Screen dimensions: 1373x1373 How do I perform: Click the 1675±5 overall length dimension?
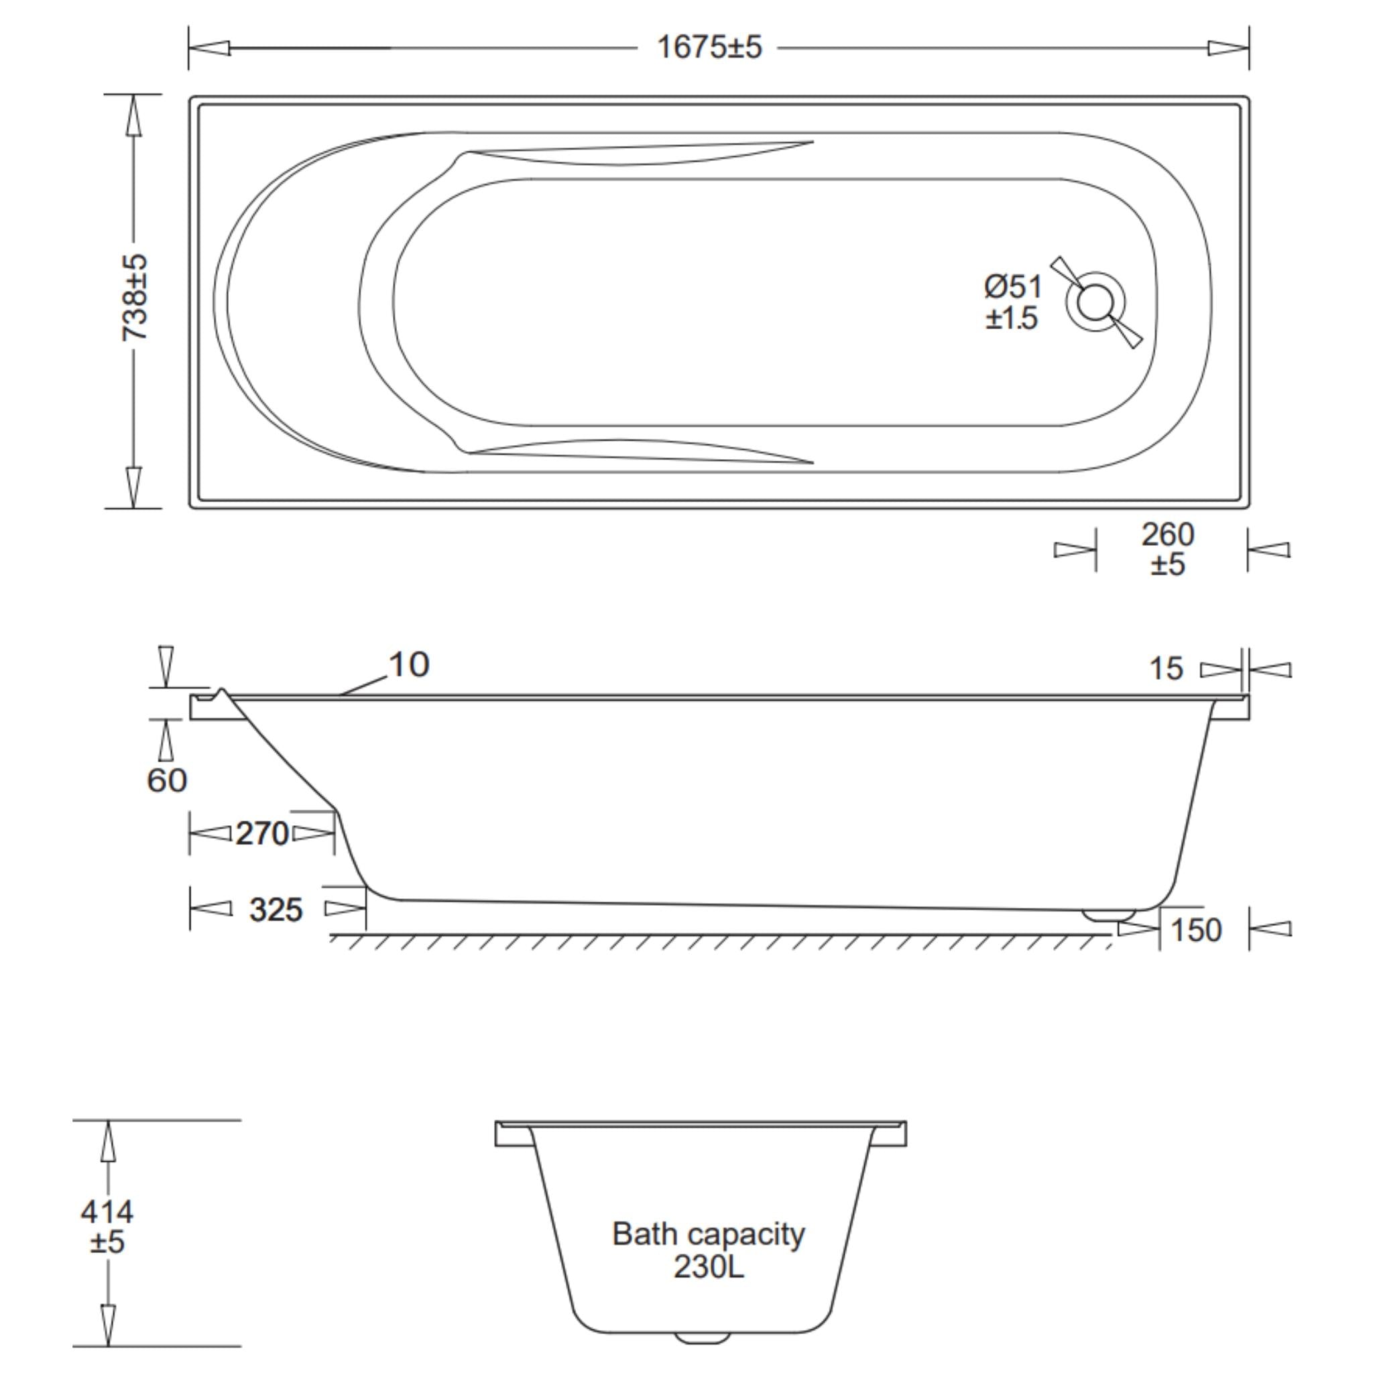pos(709,48)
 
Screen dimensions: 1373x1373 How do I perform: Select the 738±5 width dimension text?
pos(134,297)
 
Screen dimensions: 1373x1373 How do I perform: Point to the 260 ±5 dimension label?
pos(1168,549)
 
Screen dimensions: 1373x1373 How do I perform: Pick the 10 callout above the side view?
pos(409,664)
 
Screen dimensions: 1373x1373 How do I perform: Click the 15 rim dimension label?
pos(1167,668)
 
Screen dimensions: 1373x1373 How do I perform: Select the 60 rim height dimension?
pos(167,780)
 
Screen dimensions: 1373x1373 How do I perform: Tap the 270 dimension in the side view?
pos(262,833)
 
